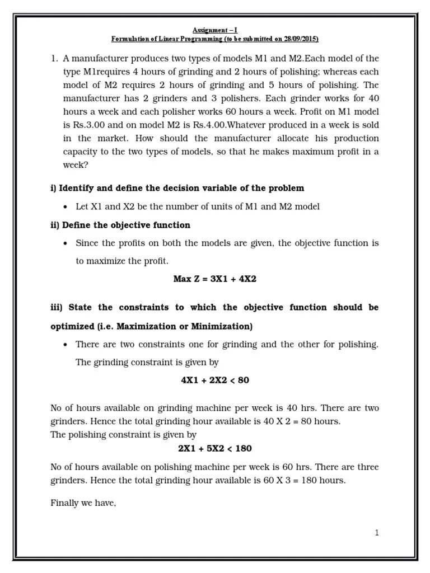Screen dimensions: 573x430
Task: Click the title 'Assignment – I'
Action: point(215,30)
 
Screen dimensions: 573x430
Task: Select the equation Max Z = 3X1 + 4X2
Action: point(215,279)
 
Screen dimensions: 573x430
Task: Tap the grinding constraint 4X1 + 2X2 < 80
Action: point(215,380)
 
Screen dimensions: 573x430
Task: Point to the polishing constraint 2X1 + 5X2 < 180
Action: point(215,448)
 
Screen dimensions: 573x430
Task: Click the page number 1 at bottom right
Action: point(377,533)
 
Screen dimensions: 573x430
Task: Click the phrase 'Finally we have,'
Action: point(83,503)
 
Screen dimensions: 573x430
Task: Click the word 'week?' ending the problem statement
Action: point(76,165)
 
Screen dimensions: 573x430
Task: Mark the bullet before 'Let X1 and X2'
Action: point(66,207)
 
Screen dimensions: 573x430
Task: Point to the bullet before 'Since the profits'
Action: point(66,243)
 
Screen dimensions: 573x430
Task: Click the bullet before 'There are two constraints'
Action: point(66,344)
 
